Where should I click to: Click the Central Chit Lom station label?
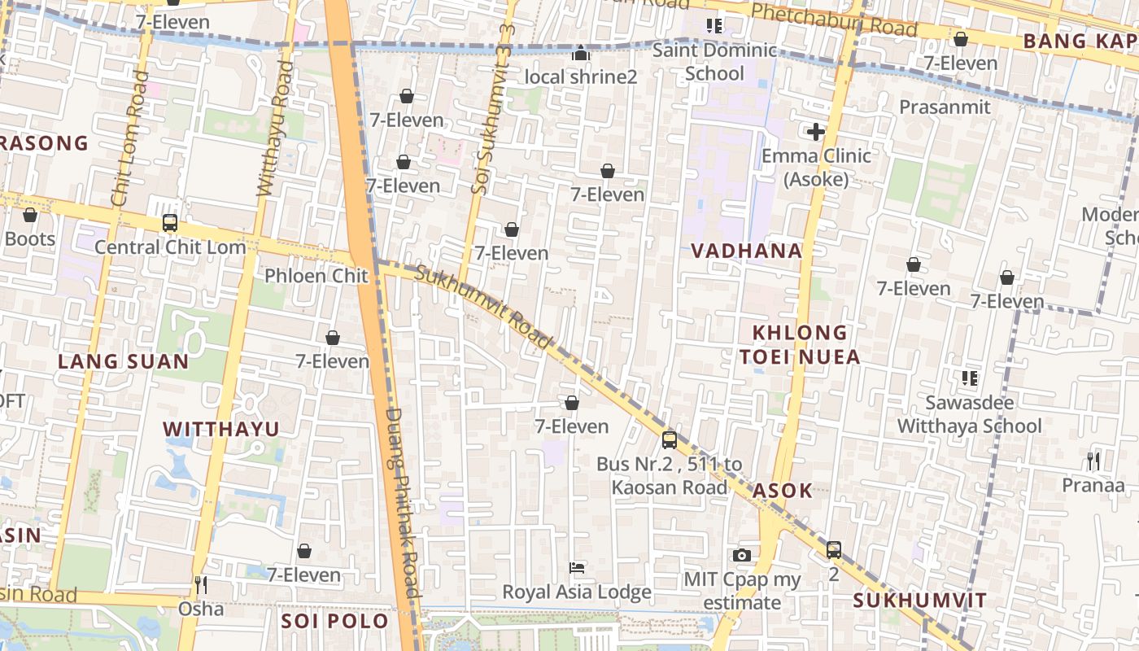pyautogui.click(x=170, y=247)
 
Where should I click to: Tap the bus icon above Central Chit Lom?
pyautogui.click(x=170, y=223)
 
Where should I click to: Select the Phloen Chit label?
pyautogui.click(x=316, y=276)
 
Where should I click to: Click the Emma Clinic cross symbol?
pyautogui.click(x=816, y=132)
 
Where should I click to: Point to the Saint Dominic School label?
pyautogui.click(x=714, y=62)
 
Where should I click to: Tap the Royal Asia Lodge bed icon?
pyautogui.click(x=577, y=567)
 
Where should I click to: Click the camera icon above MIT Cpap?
pyautogui.click(x=741, y=555)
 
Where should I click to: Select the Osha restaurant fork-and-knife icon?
pyautogui.click(x=201, y=584)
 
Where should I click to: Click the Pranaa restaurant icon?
pyautogui.click(x=1093, y=461)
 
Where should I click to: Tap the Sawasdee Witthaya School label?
pyautogui.click(x=969, y=414)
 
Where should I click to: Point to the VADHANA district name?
pyautogui.click(x=746, y=251)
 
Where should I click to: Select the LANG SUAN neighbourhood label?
pyautogui.click(x=123, y=361)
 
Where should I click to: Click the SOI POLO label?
pyautogui.click(x=334, y=621)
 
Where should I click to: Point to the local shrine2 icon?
pyautogui.click(x=581, y=54)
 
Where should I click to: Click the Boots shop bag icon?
pyautogui.click(x=30, y=216)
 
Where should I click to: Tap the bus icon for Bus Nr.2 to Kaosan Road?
pyautogui.click(x=669, y=440)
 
